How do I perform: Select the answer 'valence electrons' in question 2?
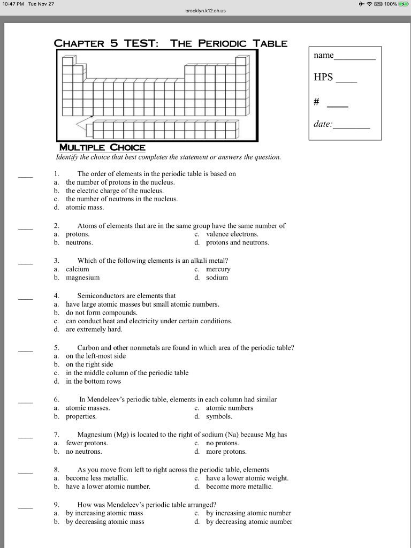coord(232,234)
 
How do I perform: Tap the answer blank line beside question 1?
coord(25,176)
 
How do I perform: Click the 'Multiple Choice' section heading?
coord(102,147)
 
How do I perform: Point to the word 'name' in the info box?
coord(324,55)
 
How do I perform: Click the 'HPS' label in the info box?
coord(323,78)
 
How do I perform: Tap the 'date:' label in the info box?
coord(323,124)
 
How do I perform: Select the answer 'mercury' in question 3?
coord(218,269)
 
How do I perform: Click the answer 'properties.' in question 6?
coord(81,416)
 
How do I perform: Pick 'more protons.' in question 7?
coord(226,452)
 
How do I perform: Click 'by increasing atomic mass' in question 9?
coord(104,513)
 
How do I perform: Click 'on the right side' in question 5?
coord(89,364)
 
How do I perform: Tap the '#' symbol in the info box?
coord(317,102)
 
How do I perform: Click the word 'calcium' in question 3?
coord(77,269)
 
